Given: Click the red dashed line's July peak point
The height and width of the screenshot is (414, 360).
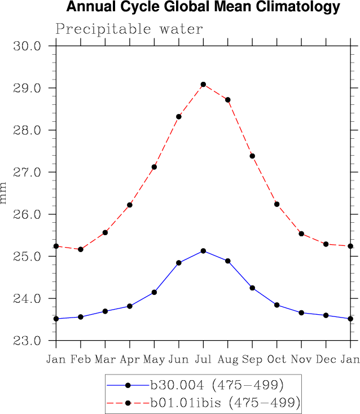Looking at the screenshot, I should point(203,85).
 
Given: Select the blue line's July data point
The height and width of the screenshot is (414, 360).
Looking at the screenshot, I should point(203,250).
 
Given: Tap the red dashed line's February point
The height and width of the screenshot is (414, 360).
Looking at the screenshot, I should point(81,249).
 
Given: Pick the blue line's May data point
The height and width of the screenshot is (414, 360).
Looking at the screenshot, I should point(154,292).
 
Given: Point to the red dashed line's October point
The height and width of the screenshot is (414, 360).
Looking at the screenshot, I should point(276,204).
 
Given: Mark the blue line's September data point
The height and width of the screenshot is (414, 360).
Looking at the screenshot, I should point(252,288).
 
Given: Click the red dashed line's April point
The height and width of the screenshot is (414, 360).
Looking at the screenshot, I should point(130,205).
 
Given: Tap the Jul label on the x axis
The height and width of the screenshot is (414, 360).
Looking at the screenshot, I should point(203,359).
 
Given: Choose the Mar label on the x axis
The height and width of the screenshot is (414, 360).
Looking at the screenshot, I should point(105,359).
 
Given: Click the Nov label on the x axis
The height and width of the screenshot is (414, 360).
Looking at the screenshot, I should point(301,359).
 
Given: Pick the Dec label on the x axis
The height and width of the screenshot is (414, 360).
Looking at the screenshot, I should point(326,359).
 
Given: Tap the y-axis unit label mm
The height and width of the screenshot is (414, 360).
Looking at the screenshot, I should point(5,193).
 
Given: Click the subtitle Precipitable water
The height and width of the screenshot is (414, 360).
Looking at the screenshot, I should point(129,29).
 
